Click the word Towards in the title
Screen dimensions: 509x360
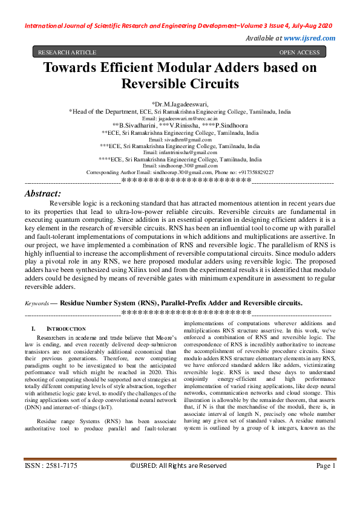tap(73, 68)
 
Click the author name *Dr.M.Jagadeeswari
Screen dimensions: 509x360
tap(180, 104)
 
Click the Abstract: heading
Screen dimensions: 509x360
tap(42, 193)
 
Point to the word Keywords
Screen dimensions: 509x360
tap(36, 303)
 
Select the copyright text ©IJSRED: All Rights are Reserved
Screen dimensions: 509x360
tap(178, 465)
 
